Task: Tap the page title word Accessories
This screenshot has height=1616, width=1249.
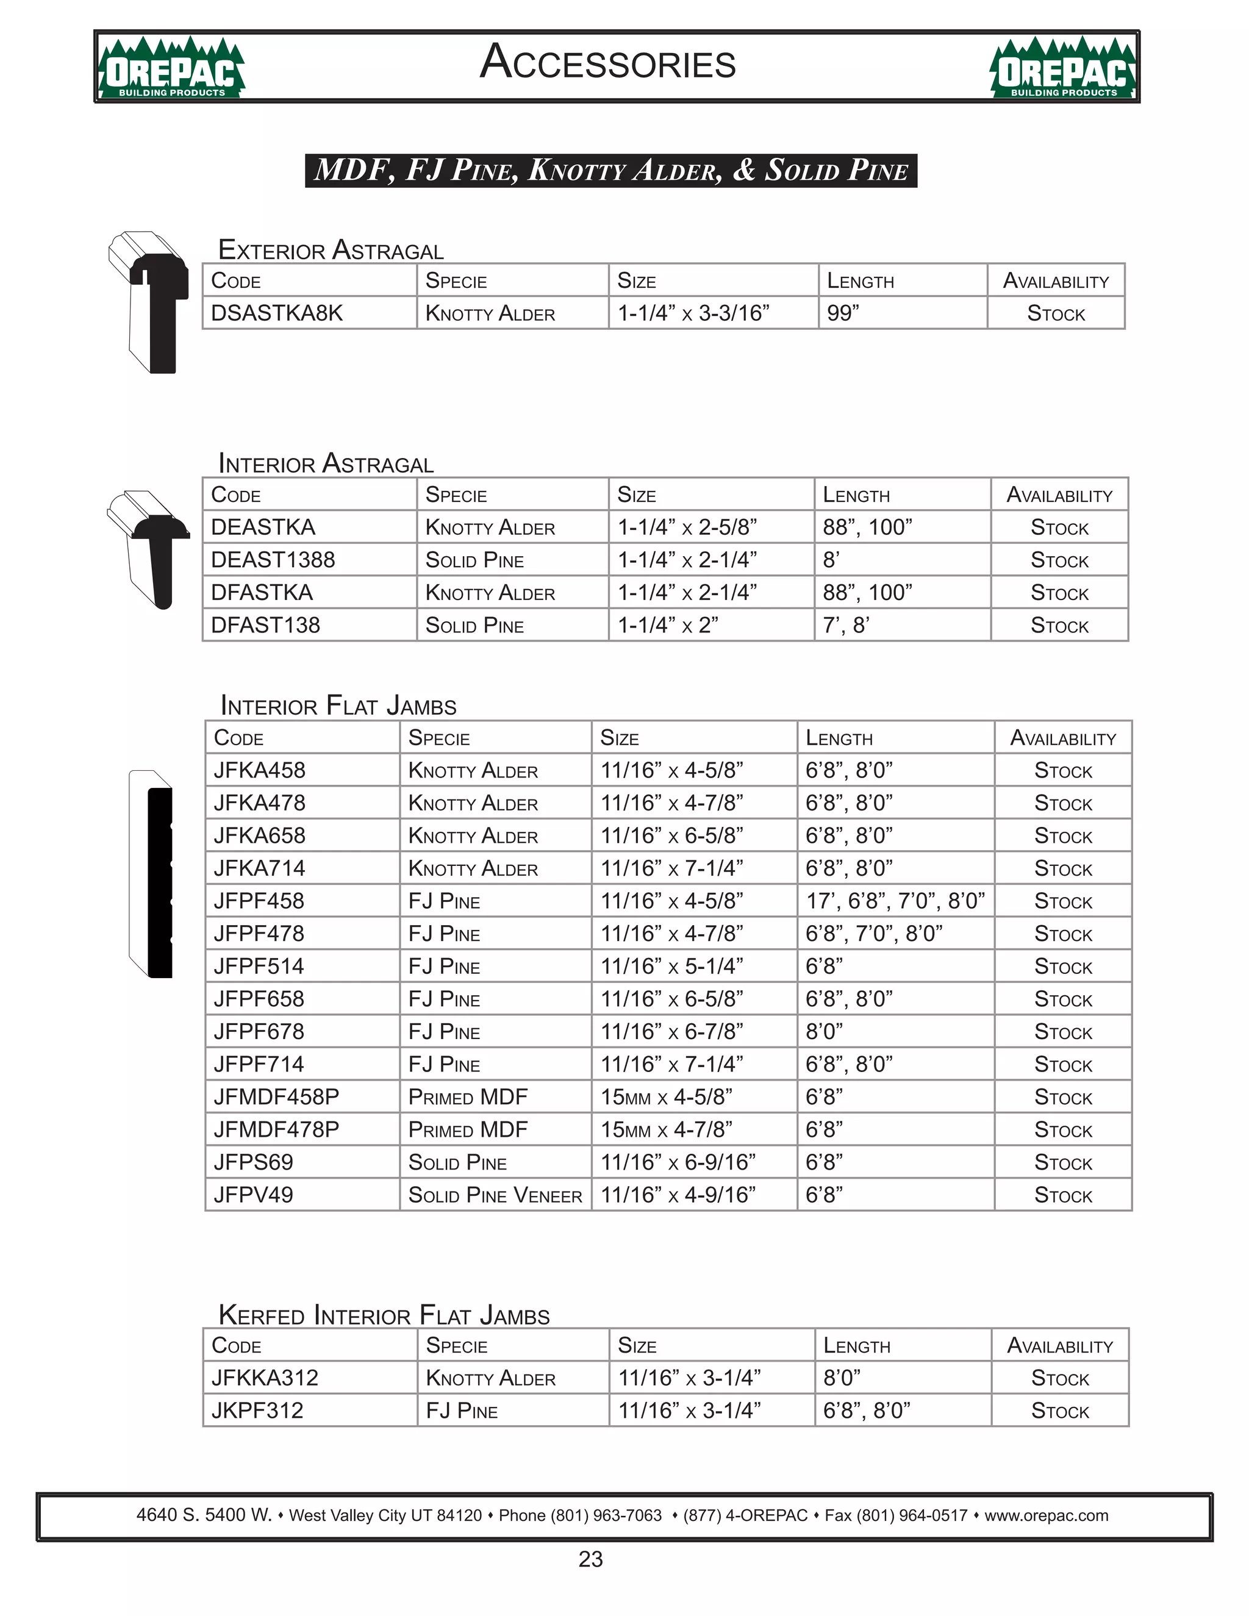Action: click(607, 63)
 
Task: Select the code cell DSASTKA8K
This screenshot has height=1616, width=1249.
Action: click(277, 313)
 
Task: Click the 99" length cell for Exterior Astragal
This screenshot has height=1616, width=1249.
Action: click(843, 313)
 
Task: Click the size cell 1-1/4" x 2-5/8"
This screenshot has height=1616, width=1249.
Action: click(687, 527)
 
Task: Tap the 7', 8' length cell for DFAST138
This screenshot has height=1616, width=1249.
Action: click(846, 625)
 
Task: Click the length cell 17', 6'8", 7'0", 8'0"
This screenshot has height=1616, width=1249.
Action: click(895, 901)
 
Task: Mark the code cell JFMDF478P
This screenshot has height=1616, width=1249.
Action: click(276, 1129)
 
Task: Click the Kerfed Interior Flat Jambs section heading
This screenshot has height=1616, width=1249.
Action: click(384, 1315)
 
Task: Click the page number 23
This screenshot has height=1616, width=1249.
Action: click(590, 1559)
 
